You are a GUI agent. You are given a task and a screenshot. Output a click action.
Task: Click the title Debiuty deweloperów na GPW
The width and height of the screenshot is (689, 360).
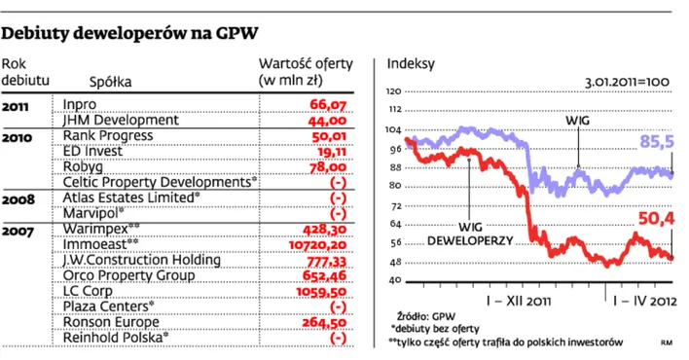130,33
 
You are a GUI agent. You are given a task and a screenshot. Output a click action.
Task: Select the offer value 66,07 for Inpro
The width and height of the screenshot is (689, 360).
328,103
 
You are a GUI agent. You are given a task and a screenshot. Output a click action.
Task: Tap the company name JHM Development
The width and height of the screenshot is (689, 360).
119,119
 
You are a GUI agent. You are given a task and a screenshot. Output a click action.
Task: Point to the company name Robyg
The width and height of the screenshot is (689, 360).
82,165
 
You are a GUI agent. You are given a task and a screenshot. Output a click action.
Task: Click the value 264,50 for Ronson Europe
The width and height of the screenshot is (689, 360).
326,322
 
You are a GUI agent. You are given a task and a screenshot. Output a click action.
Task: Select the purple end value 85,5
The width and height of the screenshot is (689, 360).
657,142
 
